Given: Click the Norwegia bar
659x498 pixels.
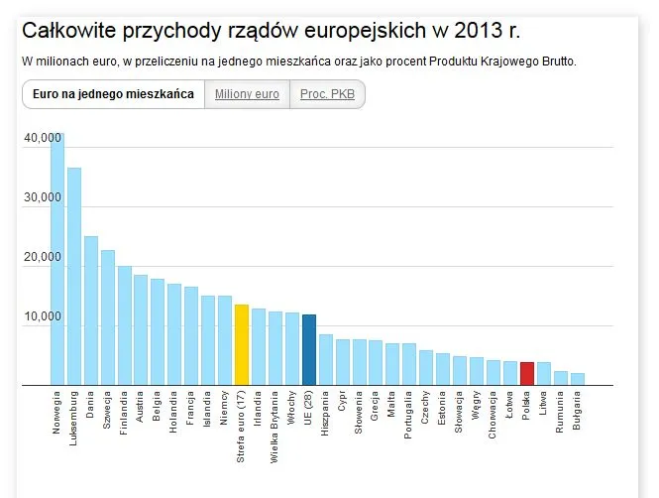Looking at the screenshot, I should (57, 260).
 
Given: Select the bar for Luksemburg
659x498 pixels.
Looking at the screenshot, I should (74, 277).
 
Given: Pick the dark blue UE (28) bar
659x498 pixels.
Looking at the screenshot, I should (308, 349).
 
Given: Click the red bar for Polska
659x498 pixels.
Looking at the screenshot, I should (527, 373).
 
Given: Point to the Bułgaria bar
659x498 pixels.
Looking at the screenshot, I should (578, 379).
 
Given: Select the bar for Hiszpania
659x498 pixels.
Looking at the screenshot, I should (325, 359).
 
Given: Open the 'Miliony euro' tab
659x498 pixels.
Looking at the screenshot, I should (246, 94).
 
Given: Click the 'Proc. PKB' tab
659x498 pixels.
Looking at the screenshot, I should (326, 94).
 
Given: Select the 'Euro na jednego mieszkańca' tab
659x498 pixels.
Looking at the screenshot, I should (112, 94).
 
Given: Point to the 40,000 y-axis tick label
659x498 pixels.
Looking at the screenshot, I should (43, 138).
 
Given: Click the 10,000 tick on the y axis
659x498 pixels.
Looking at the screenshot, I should (43, 317).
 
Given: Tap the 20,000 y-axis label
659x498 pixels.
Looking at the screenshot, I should (43, 258).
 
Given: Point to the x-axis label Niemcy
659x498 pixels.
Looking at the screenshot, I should (224, 409).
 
